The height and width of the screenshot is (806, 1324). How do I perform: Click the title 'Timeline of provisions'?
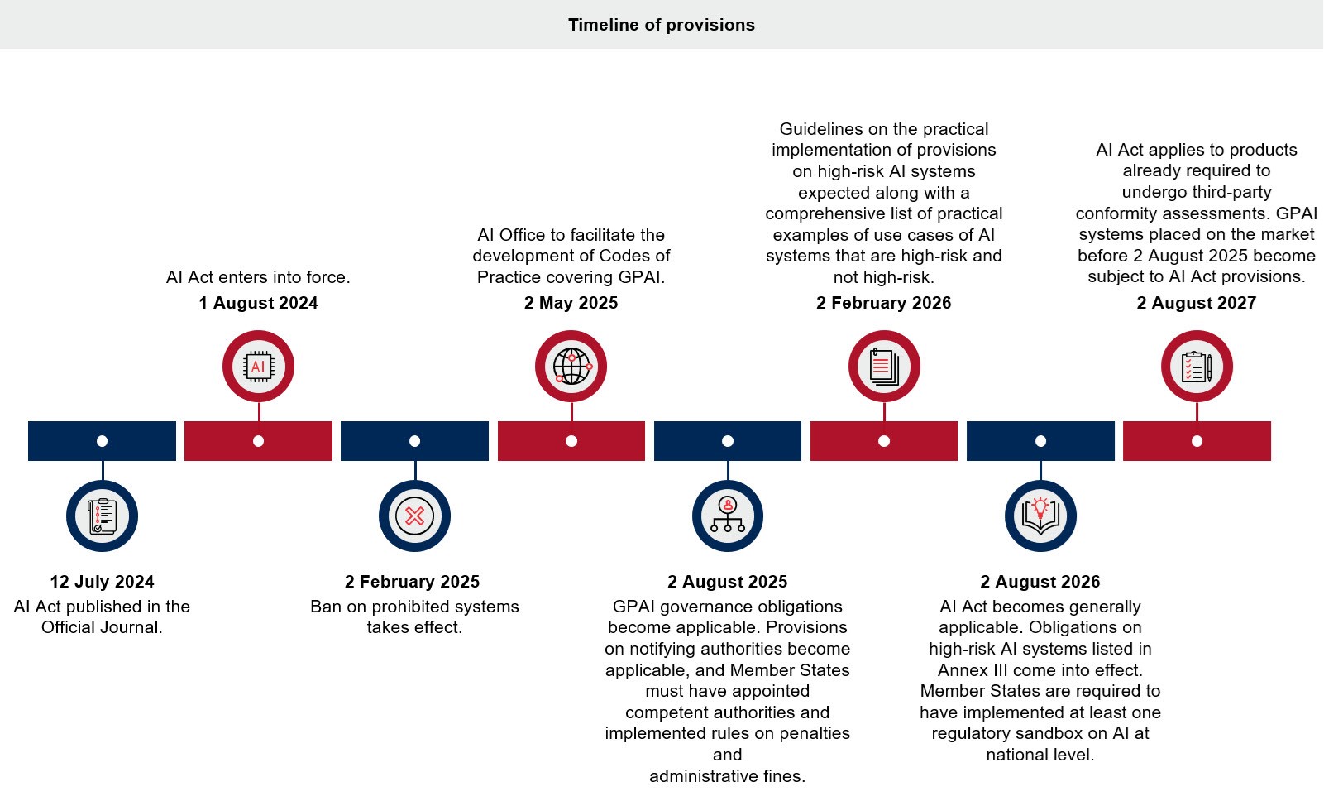tap(661, 25)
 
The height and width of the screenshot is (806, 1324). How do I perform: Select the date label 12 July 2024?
tap(102, 582)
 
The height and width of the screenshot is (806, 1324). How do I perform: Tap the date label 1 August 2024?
tap(258, 303)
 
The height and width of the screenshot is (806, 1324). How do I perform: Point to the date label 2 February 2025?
tap(412, 582)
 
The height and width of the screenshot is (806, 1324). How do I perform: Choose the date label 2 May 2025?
tap(571, 303)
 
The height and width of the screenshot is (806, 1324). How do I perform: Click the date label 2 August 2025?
tap(727, 582)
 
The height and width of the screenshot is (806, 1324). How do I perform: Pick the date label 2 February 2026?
tap(883, 303)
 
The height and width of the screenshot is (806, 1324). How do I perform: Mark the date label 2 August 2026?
tap(1040, 582)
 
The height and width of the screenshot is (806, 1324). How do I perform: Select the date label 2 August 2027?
tap(1196, 303)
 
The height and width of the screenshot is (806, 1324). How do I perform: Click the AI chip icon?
tap(258, 367)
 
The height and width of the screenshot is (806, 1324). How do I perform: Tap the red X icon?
tap(414, 516)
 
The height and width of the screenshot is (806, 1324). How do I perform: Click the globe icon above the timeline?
tap(571, 367)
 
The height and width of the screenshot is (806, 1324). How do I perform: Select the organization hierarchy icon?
tap(727, 516)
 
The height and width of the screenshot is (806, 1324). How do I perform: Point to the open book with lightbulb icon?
tap(1040, 516)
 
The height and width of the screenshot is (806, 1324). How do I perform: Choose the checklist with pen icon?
tap(1197, 367)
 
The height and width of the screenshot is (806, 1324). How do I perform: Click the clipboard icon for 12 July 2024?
tap(102, 516)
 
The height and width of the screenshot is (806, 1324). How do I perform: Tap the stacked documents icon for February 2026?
tap(884, 367)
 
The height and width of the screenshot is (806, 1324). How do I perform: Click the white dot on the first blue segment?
tap(102, 441)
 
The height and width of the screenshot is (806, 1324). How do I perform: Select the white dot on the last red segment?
tap(1197, 441)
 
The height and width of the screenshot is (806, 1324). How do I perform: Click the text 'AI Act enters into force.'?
tap(258, 277)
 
